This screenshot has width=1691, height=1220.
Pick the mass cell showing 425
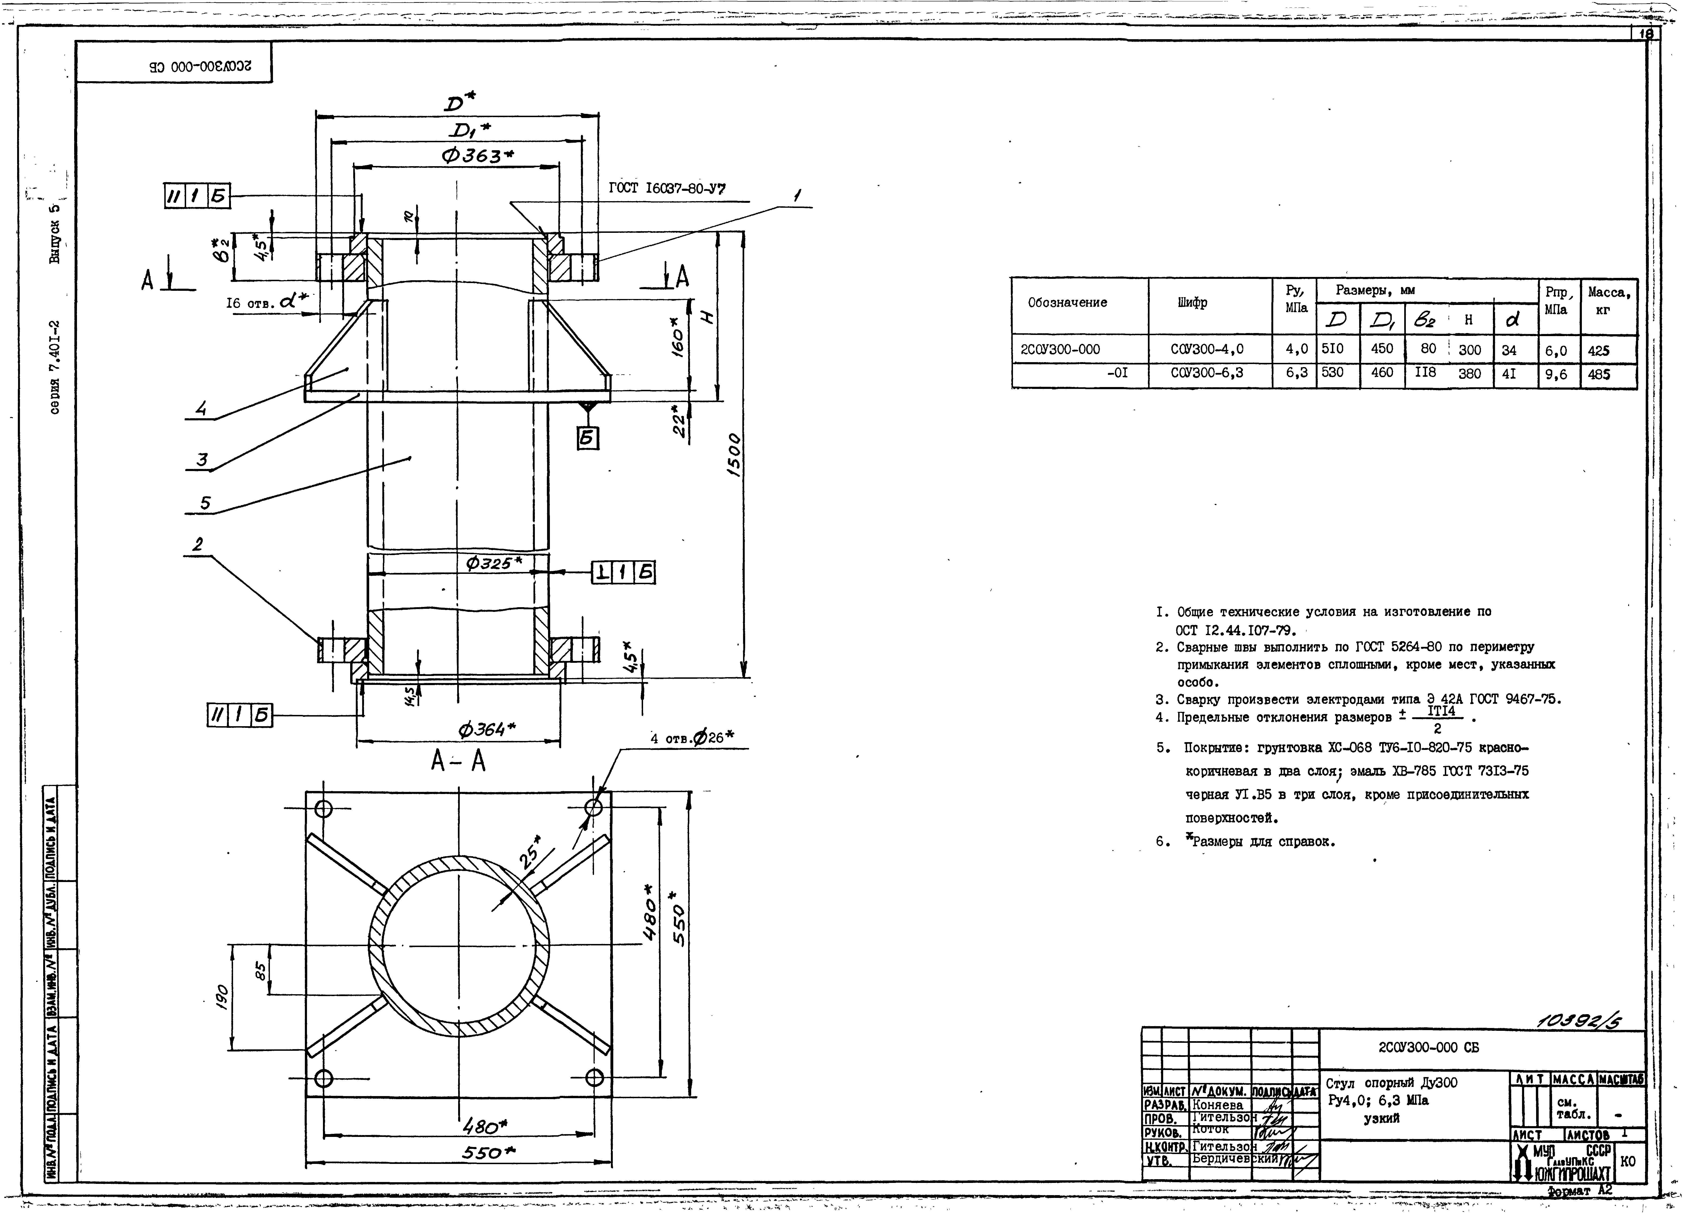[1599, 350]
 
